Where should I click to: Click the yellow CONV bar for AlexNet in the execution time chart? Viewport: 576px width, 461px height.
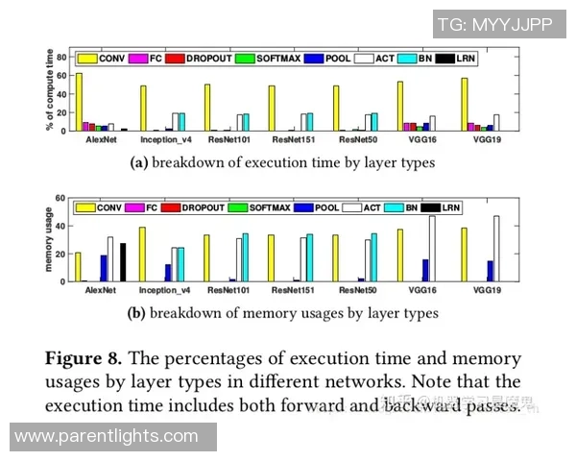tap(80, 102)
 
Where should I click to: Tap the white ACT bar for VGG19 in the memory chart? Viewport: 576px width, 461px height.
tap(496, 249)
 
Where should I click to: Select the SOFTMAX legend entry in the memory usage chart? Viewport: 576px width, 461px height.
tap(271, 207)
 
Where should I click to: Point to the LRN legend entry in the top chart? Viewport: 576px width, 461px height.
tap(461, 59)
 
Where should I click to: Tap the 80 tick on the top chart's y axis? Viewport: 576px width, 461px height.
tap(60, 57)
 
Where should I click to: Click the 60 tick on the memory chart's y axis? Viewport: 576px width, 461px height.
tap(60, 198)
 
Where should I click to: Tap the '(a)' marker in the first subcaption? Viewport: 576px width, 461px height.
tap(138, 163)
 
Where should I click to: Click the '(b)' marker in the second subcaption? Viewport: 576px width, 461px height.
tap(136, 312)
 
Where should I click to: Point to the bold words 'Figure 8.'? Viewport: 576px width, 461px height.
tap(82, 358)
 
